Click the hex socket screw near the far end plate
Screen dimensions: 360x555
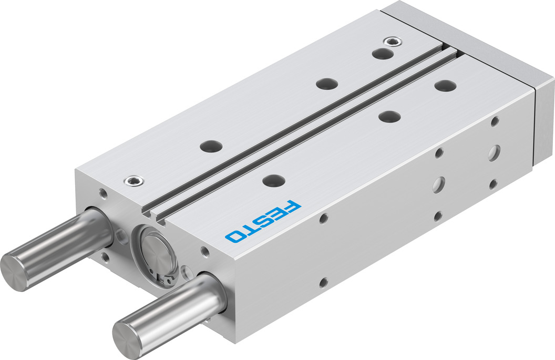pyautogui.click(x=389, y=41)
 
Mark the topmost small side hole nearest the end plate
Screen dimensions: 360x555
pyautogui.click(x=494, y=122)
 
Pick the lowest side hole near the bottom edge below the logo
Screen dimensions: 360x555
pyautogui.click(x=324, y=283)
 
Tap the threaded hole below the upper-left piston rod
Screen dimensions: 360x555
pyautogui.click(x=107, y=257)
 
